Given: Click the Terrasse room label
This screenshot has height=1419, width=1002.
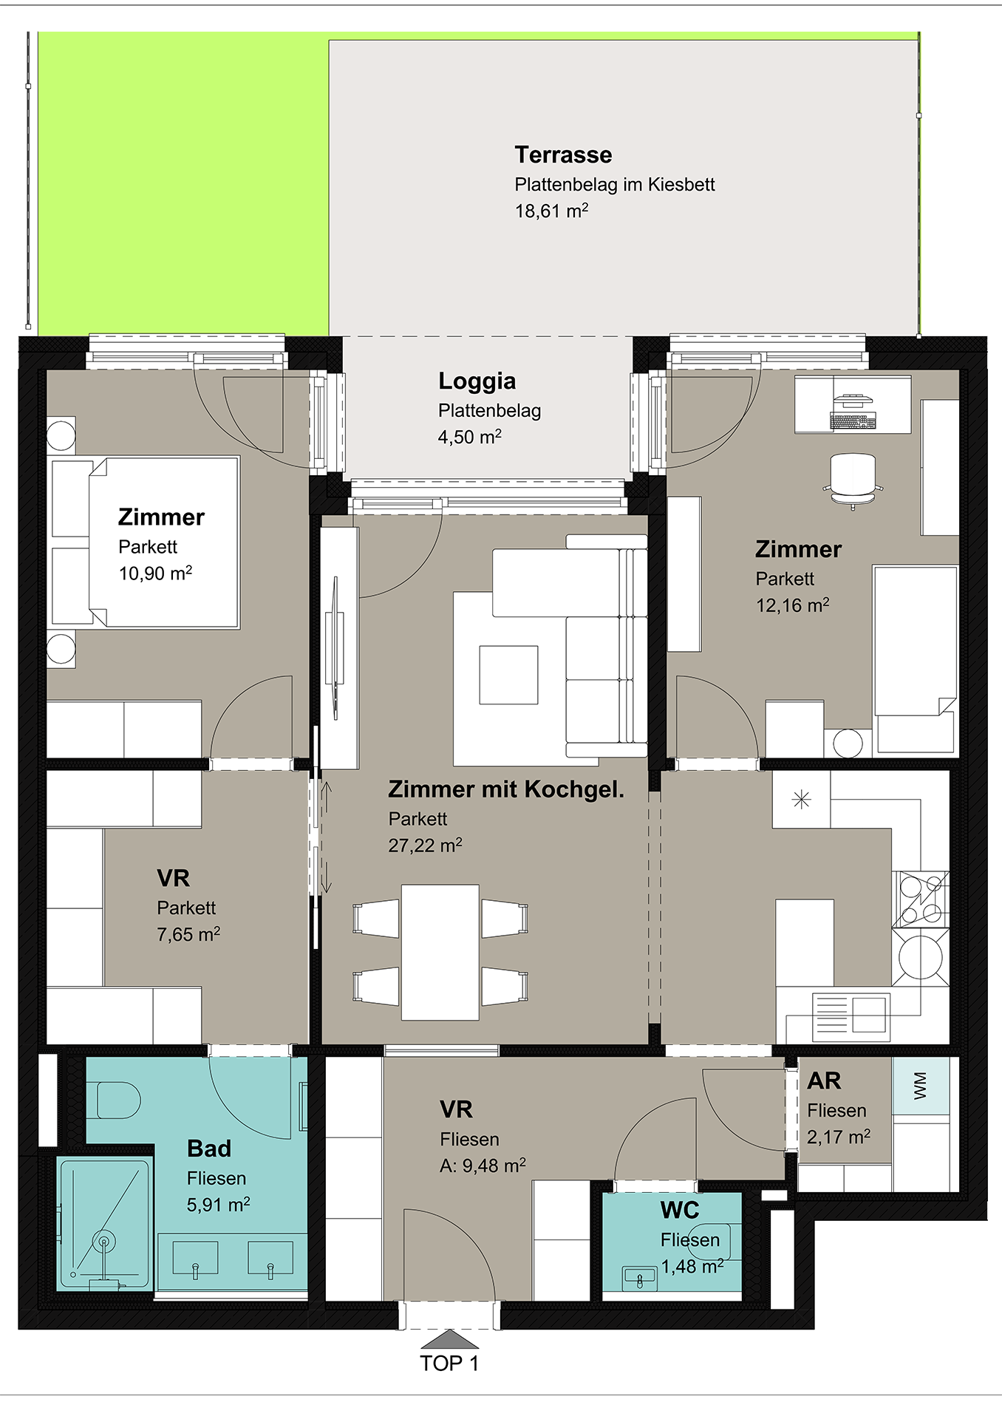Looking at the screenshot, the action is [x=563, y=154].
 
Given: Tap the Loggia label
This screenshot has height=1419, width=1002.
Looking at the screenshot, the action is [x=477, y=381].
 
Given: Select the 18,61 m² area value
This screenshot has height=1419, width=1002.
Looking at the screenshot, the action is [x=551, y=211].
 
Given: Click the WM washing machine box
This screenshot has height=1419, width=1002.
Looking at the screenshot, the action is [x=921, y=1085].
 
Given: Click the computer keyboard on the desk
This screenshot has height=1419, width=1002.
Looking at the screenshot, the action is [x=853, y=421].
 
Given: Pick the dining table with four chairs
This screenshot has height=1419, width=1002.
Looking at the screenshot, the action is [x=440, y=952].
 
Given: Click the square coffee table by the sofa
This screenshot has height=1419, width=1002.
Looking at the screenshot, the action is [x=508, y=675].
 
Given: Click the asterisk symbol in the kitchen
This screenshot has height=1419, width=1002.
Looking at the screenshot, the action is [x=801, y=799].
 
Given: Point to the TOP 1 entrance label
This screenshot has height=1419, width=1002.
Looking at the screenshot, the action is [x=449, y=1364].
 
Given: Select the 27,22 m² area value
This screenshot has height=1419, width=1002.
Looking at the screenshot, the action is [x=425, y=845].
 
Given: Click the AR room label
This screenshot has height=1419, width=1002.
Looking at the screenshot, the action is [x=824, y=1081].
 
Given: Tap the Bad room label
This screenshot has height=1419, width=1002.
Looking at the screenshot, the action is [x=209, y=1149].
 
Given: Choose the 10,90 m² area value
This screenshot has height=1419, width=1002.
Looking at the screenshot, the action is [x=155, y=573].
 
